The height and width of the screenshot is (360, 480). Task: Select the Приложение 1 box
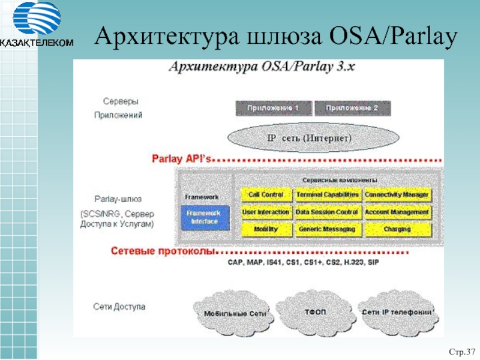point(274,108)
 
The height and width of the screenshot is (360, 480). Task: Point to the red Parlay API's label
point(181,159)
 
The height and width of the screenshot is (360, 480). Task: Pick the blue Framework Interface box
point(205,217)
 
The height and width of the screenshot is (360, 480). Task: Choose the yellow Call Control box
point(266,194)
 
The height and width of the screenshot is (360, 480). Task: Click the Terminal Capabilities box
point(328,194)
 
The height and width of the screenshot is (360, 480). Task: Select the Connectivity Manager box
point(397,194)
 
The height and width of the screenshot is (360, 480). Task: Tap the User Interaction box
point(266,212)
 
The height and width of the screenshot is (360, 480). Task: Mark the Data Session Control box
point(328,212)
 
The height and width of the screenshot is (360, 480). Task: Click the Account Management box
point(397,212)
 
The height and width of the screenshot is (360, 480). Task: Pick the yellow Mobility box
point(266,229)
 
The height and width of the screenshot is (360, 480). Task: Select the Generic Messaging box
point(328,229)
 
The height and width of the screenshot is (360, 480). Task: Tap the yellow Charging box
point(397,229)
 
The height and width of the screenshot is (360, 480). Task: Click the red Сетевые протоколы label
point(163,251)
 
